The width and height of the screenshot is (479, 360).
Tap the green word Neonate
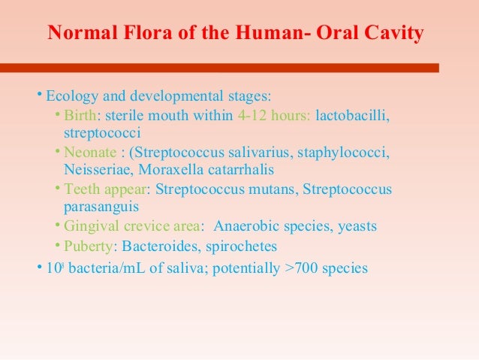(89, 153)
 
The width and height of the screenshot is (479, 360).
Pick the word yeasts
(356, 225)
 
